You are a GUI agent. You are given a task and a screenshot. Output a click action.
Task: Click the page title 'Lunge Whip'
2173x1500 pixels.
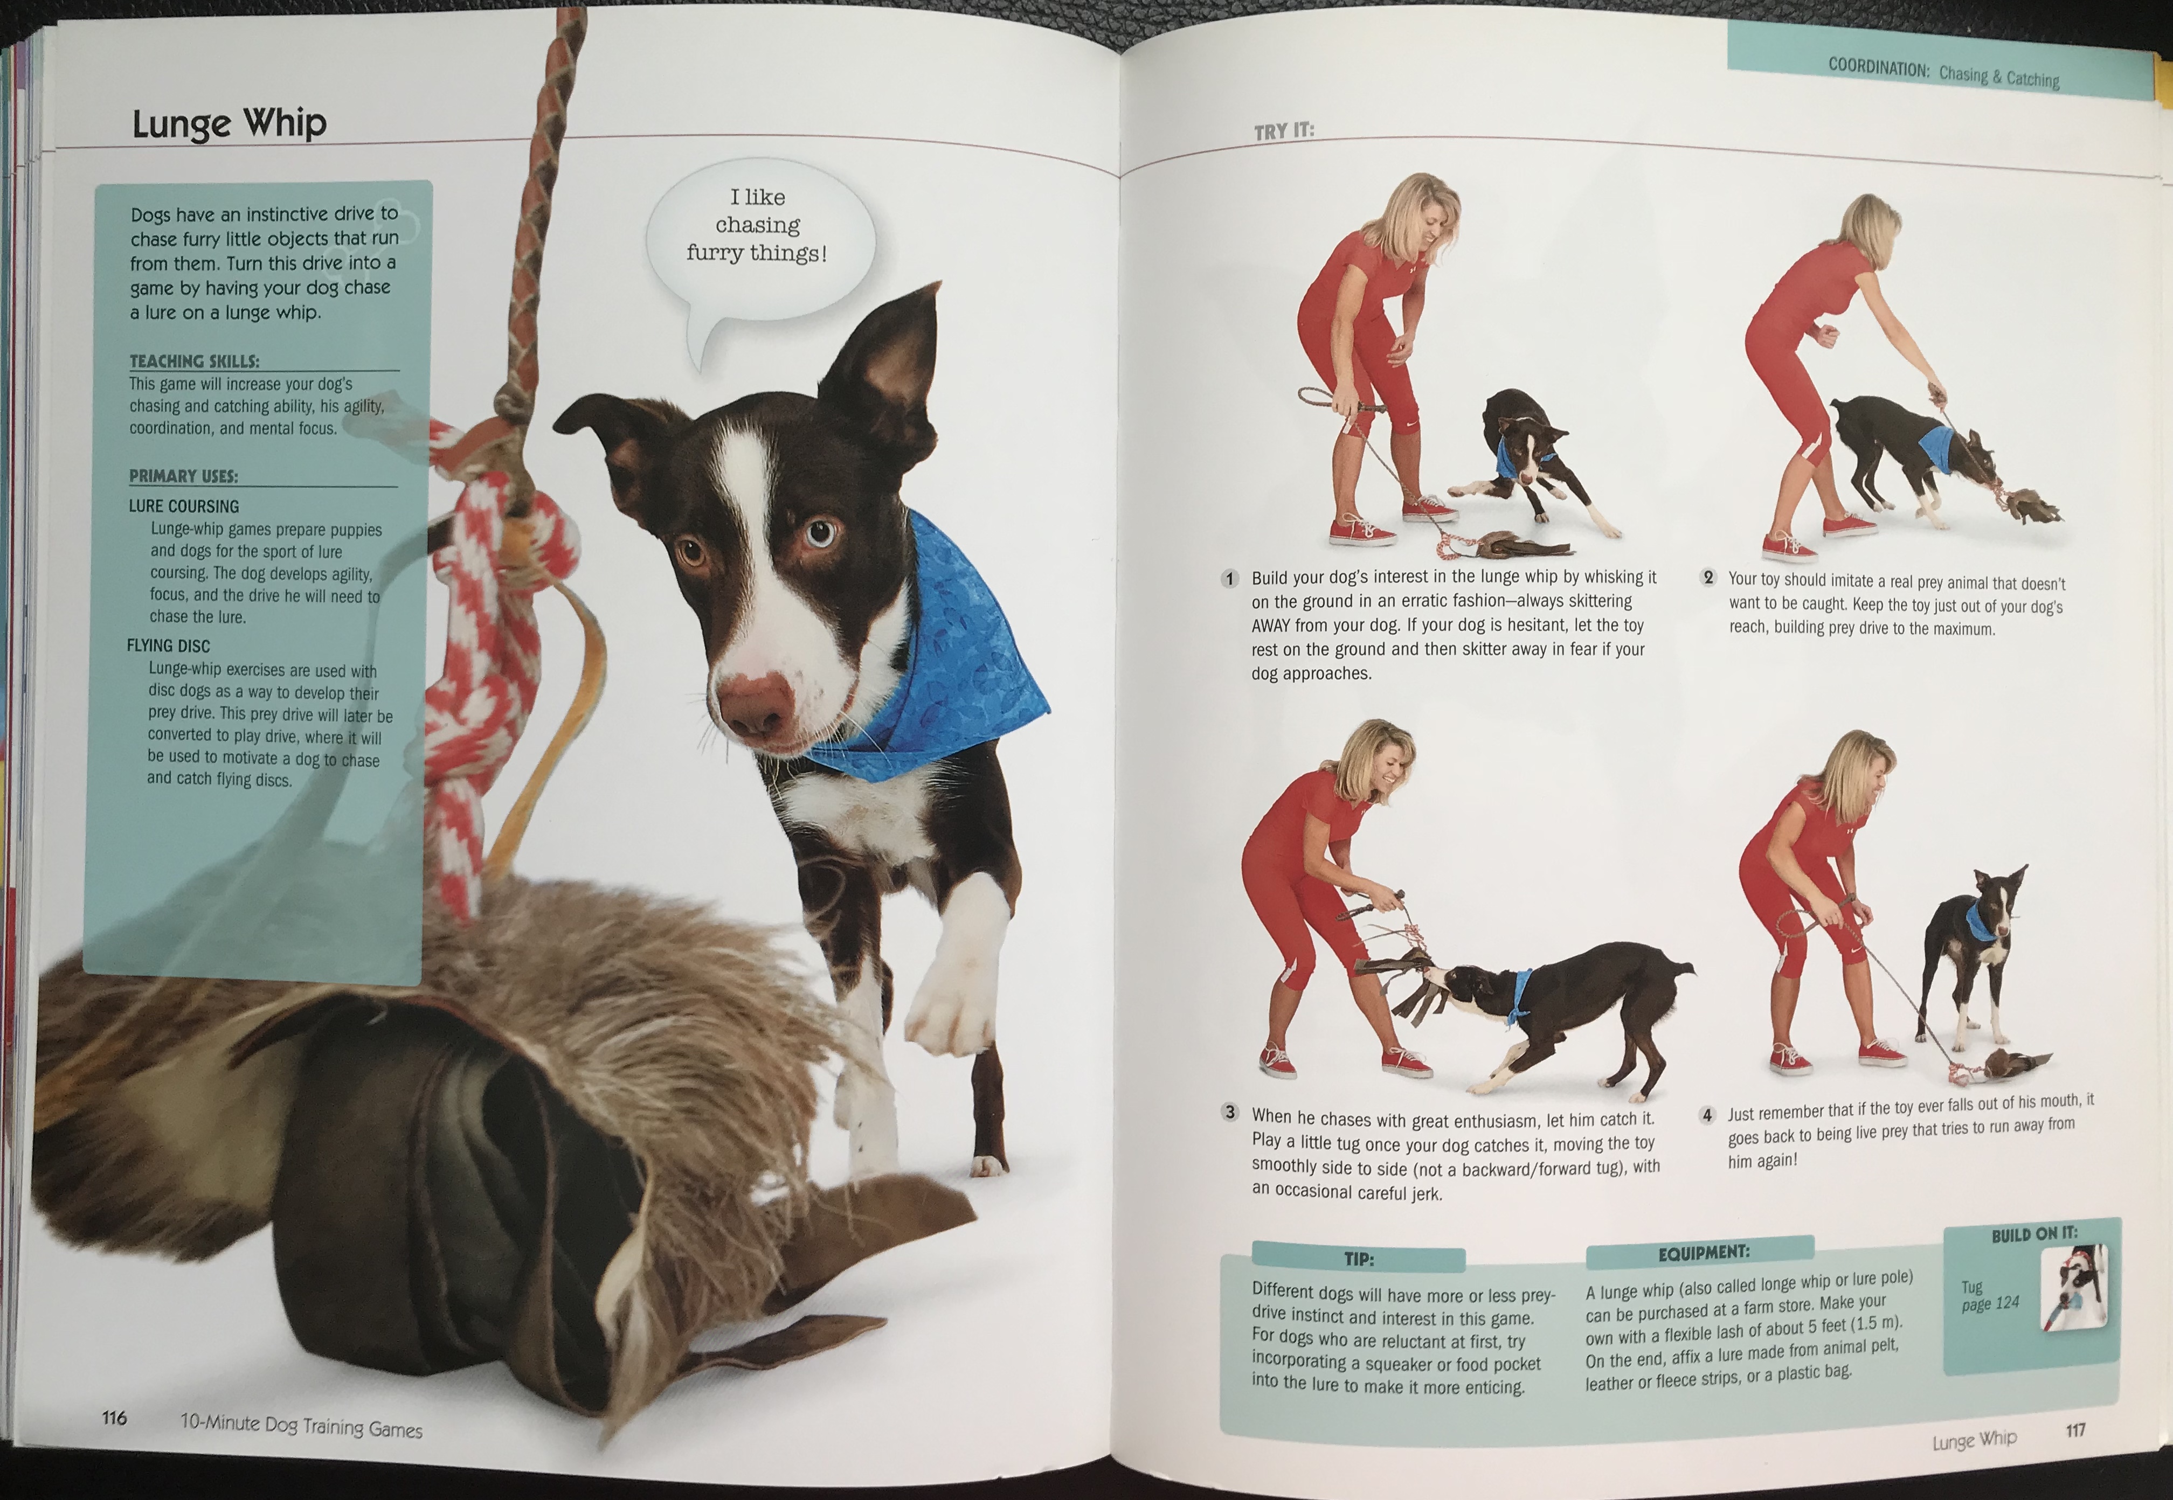point(230,124)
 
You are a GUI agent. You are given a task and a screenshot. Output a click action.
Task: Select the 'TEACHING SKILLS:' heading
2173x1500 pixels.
point(195,361)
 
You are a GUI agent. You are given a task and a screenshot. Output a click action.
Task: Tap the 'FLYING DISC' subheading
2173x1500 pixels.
point(168,645)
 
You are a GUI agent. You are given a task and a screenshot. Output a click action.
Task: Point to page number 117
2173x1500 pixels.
point(2075,1429)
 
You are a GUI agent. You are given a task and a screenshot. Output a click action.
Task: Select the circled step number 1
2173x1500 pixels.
point(1229,578)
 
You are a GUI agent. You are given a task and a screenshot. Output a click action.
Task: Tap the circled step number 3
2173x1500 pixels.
point(1229,1113)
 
